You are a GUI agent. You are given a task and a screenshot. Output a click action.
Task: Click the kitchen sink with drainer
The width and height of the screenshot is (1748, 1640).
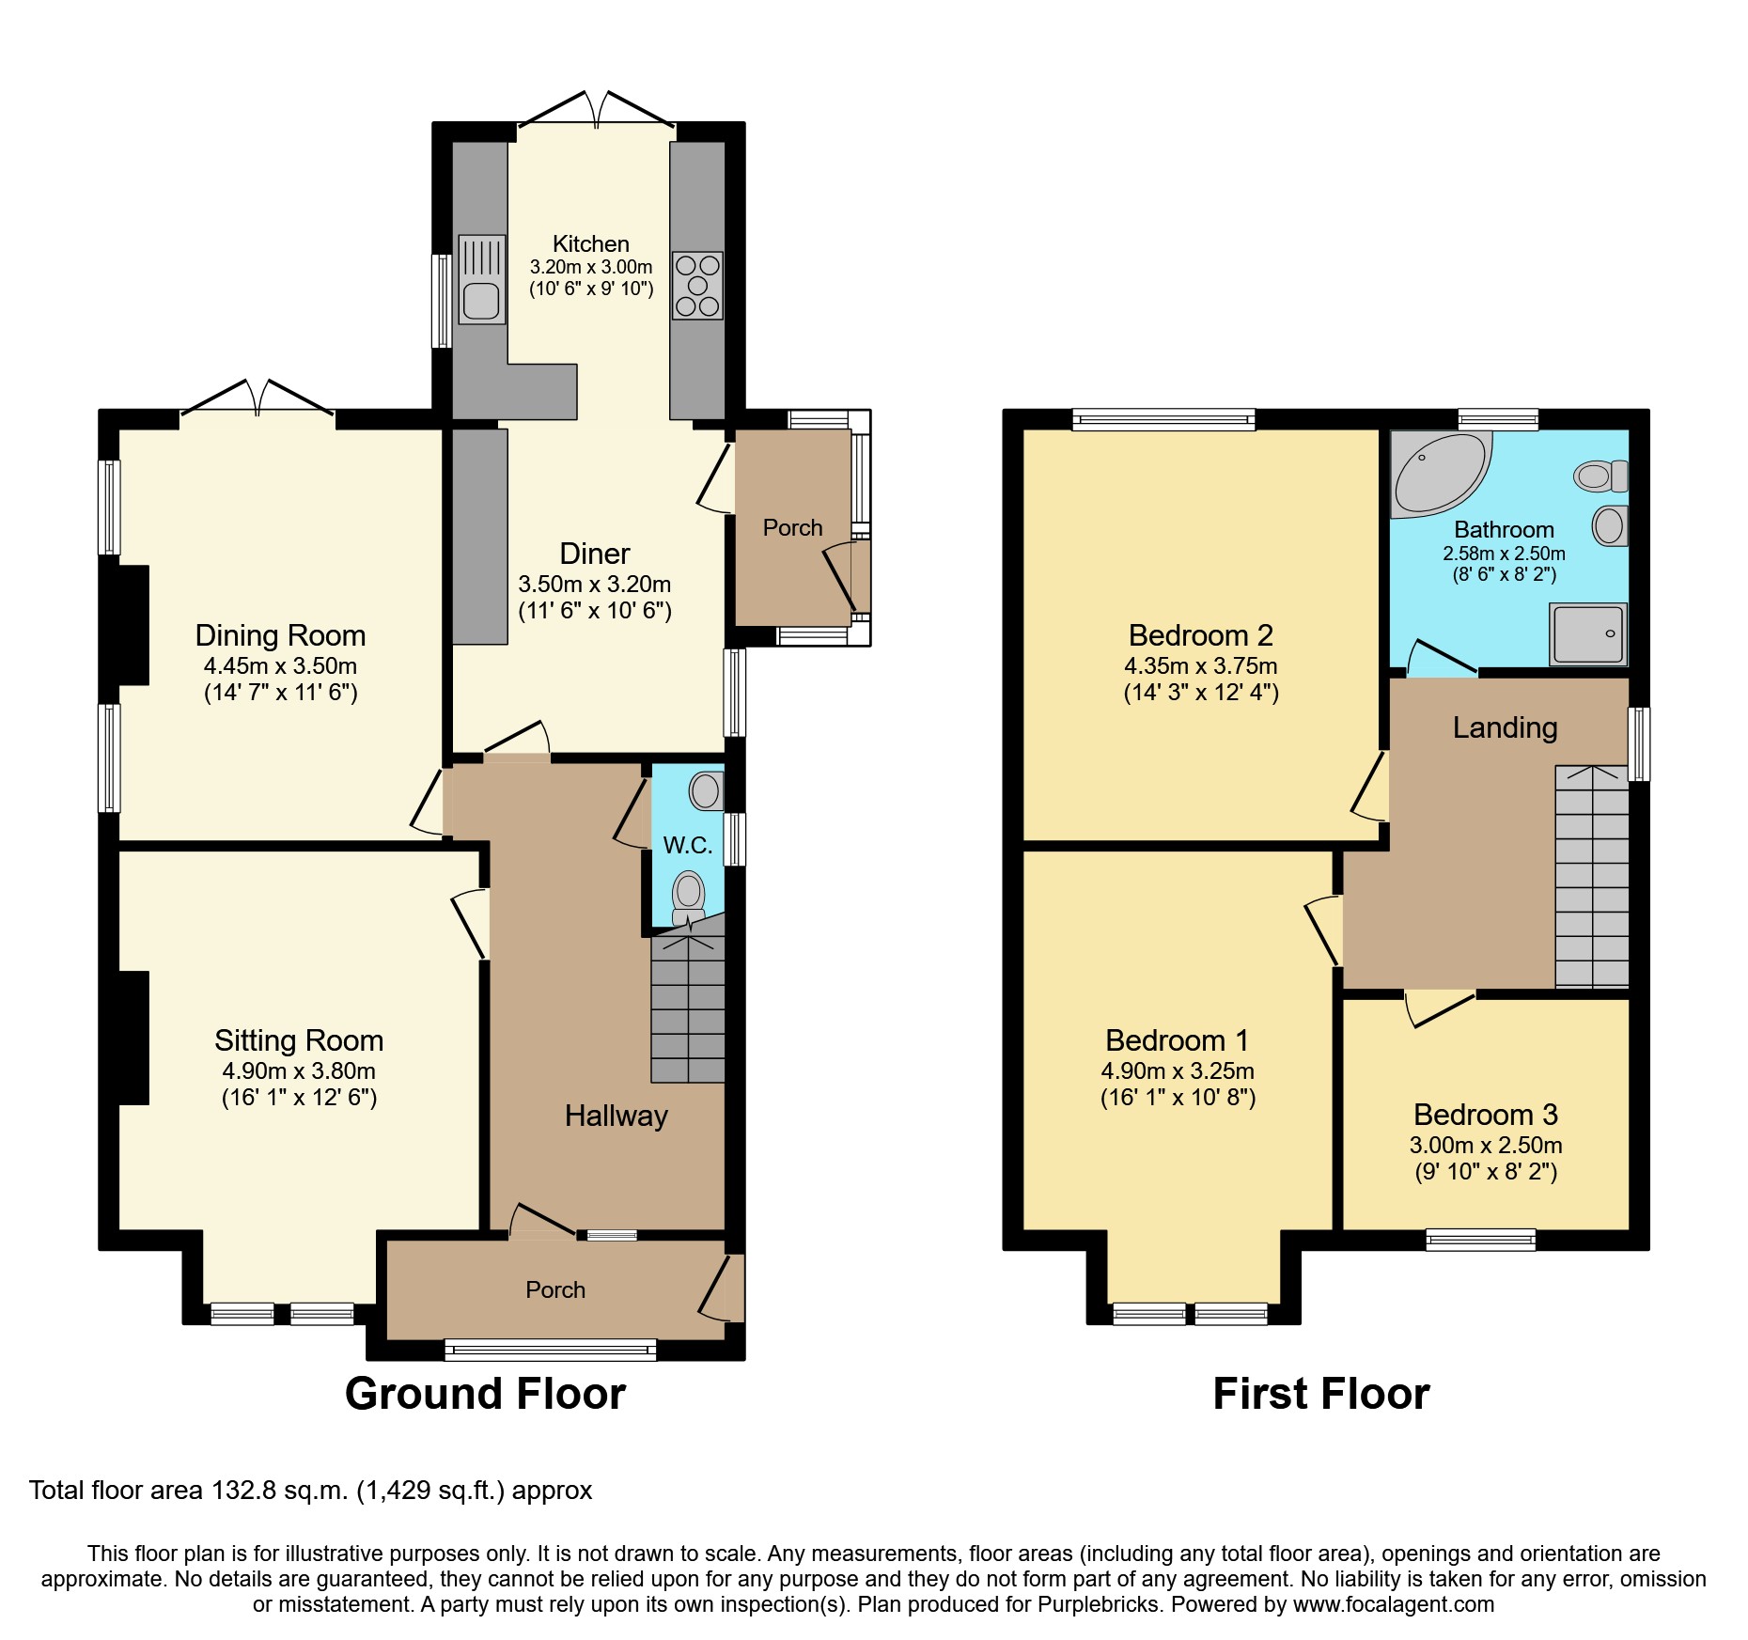[x=481, y=279]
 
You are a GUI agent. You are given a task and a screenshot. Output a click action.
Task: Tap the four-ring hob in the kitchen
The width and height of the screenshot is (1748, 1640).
[x=697, y=285]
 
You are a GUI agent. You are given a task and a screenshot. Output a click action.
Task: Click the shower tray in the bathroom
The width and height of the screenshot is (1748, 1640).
[x=1588, y=633]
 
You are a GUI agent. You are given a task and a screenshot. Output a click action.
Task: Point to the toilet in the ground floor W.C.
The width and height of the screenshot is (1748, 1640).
[x=689, y=897]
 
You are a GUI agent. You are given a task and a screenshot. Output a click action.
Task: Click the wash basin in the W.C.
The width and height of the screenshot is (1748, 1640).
[x=707, y=790]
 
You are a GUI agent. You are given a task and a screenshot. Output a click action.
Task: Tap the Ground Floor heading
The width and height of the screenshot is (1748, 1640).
[x=485, y=1393]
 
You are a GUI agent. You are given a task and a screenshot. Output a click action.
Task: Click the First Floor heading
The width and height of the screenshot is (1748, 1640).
[x=1320, y=1393]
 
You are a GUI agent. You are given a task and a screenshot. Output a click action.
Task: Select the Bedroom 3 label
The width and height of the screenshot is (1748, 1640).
[x=1485, y=1115]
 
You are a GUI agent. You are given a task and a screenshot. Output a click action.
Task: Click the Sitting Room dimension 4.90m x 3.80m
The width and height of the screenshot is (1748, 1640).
[x=299, y=1070]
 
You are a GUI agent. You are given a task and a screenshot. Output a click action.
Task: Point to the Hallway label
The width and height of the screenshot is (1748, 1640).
[x=616, y=1116]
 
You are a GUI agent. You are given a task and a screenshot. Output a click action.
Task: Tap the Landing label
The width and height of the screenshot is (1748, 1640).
[x=1505, y=727]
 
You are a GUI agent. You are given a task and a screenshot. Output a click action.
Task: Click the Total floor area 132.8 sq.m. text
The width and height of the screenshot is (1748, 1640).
[x=310, y=1491]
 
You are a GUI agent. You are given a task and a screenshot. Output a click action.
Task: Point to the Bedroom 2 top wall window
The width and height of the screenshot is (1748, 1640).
[x=1163, y=419]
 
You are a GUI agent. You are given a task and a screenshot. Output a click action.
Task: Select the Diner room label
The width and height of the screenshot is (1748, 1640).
[x=594, y=554]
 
